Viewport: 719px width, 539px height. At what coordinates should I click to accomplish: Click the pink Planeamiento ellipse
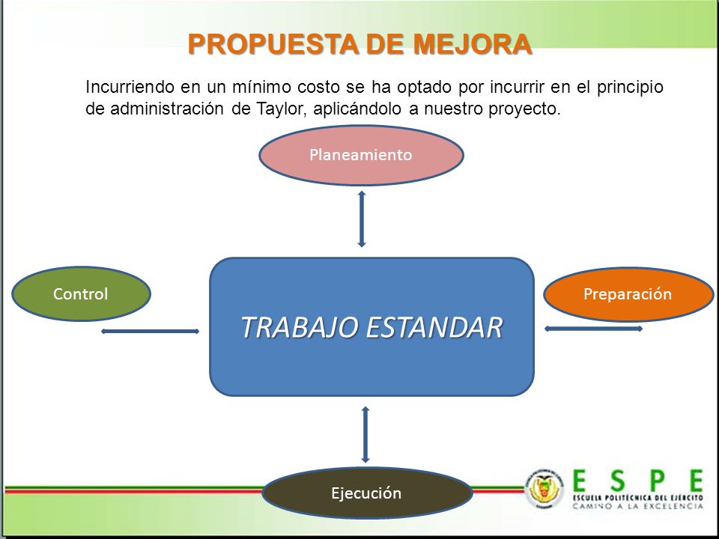pos(361,155)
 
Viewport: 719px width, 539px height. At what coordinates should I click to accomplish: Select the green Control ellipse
pos(81,293)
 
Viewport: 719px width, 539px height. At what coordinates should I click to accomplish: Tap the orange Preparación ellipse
pos(628,294)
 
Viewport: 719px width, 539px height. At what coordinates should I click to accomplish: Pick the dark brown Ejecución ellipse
pos(367,493)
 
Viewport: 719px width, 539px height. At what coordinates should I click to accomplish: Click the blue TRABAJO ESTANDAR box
pos(372,327)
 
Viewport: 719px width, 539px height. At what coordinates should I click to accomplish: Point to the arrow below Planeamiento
pos(362,219)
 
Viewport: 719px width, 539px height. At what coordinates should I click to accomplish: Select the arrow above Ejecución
pos(365,434)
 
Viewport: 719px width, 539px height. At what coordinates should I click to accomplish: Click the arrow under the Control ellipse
pos(151,331)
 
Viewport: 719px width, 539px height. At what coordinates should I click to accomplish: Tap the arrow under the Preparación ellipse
pos(593,329)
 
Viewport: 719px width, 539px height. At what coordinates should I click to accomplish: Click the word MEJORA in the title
pos(473,44)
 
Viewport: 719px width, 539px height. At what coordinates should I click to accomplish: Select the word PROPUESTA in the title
pos(274,44)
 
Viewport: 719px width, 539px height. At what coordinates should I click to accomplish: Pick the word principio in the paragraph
pos(630,87)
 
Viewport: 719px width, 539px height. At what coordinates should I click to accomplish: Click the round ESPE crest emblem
pos(544,488)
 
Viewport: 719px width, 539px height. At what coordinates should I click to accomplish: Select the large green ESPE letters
pos(638,481)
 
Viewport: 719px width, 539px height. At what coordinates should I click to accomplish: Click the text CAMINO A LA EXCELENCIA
pos(638,506)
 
